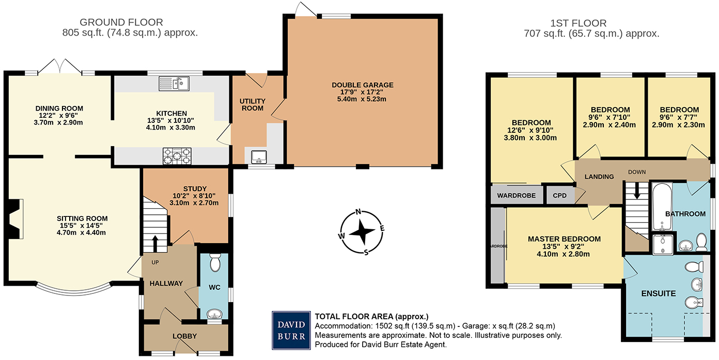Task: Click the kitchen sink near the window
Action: click(174, 83)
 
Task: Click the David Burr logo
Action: click(291, 330)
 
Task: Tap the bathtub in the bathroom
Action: click(661, 207)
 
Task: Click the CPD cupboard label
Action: click(560, 196)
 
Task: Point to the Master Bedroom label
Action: click(564, 239)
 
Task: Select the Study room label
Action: click(195, 189)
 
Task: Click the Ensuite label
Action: click(659, 293)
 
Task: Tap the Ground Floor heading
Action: click(121, 22)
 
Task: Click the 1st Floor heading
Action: click(579, 23)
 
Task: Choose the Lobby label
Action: click(184, 336)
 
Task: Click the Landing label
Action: click(599, 177)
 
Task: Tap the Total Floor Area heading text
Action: click(372, 316)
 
